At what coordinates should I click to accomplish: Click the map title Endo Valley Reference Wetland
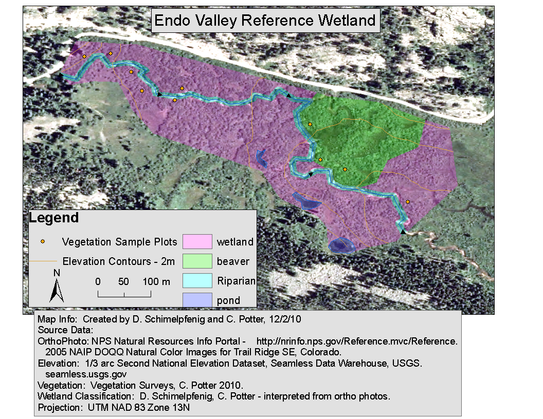(265, 21)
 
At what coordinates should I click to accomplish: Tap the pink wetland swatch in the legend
(197, 241)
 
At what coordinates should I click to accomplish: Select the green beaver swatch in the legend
(197, 261)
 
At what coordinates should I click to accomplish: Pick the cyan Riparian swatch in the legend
(197, 280)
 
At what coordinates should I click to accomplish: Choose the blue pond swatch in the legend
(197, 300)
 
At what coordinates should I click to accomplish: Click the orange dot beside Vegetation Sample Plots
(43, 241)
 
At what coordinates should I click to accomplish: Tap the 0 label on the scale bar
(98, 281)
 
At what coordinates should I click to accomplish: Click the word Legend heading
(53, 218)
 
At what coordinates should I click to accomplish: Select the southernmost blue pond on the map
(342, 245)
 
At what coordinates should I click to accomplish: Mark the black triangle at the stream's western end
(61, 75)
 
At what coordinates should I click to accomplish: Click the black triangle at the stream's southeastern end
(403, 232)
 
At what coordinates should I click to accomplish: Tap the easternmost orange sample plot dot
(408, 202)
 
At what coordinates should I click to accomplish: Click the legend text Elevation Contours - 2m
(119, 261)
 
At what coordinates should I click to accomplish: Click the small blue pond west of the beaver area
(262, 160)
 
